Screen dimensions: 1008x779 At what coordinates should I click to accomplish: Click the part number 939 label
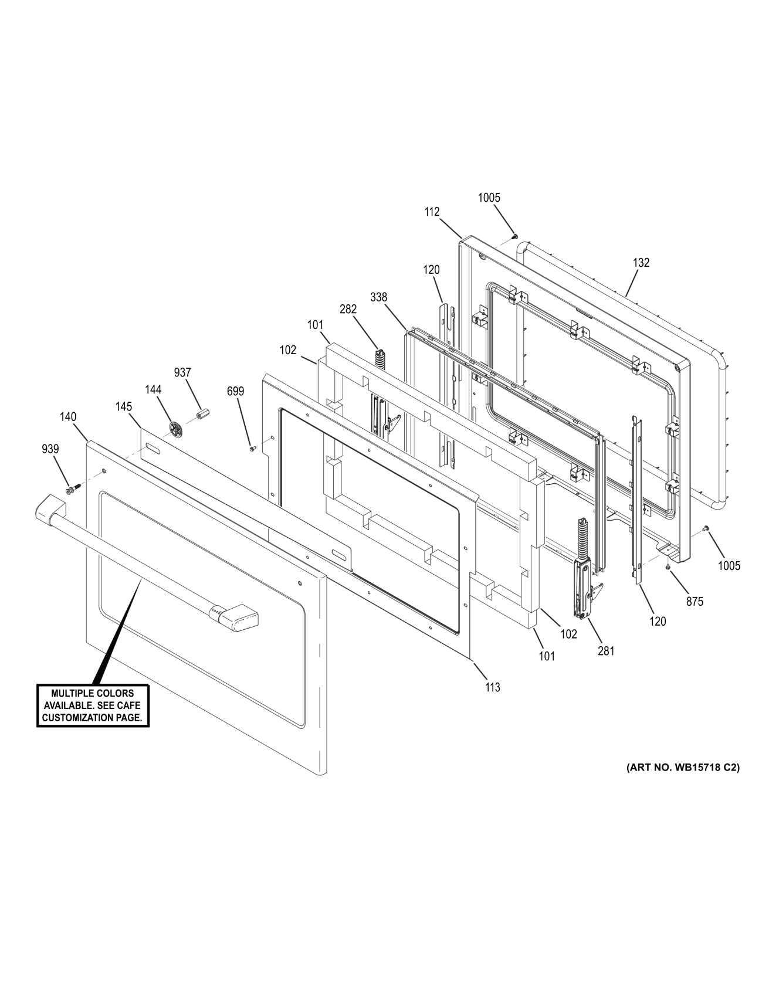click(x=50, y=449)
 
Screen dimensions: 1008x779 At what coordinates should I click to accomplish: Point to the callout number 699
click(x=235, y=391)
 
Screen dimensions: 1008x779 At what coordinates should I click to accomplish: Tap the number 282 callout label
click(x=348, y=309)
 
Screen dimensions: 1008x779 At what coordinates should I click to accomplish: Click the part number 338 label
click(x=378, y=297)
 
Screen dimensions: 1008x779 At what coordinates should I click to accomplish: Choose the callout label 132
click(x=641, y=263)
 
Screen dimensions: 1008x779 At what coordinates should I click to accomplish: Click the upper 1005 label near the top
click(x=489, y=198)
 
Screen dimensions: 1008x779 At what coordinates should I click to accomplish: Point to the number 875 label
click(x=695, y=601)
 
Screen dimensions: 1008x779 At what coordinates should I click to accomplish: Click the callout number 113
click(x=493, y=687)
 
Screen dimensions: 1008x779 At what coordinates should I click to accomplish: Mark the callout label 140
click(x=68, y=417)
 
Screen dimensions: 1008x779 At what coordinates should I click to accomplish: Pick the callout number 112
click(x=432, y=212)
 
